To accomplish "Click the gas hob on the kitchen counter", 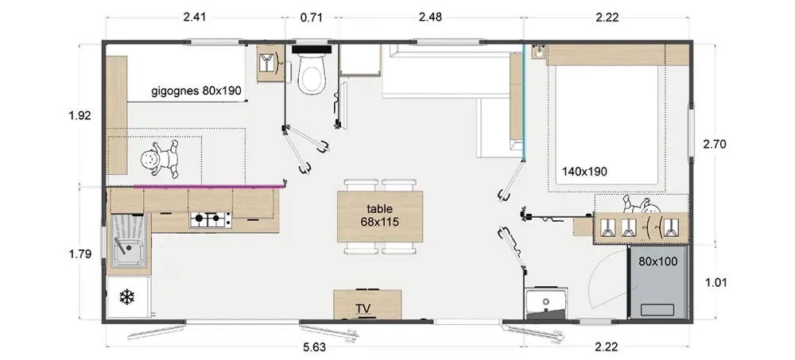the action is pyautogui.click(x=211, y=219).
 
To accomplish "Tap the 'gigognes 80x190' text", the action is pyautogui.click(x=196, y=91).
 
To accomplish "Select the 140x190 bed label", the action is pyautogui.click(x=584, y=172).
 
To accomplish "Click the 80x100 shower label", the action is pyautogui.click(x=658, y=261).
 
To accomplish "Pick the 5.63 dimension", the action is pyautogui.click(x=315, y=347).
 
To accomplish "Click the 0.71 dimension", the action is pyautogui.click(x=312, y=17).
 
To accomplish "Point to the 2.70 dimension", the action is pyautogui.click(x=715, y=144).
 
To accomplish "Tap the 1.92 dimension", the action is pyautogui.click(x=79, y=115).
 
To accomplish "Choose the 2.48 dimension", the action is pyautogui.click(x=430, y=17).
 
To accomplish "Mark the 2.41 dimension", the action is pyautogui.click(x=194, y=17).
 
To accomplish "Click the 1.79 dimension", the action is pyautogui.click(x=79, y=254).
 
